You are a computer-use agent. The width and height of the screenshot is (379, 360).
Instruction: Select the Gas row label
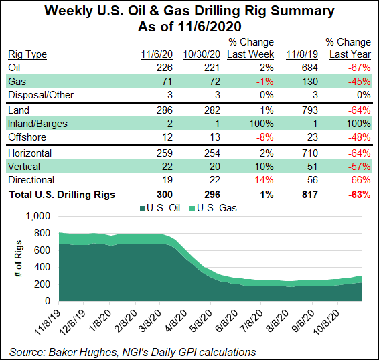pyautogui.click(x=16, y=80)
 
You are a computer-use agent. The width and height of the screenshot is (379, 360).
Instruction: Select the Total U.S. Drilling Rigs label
pyautogui.click(x=62, y=195)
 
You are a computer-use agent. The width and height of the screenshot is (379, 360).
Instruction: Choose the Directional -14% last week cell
pyautogui.click(x=260, y=180)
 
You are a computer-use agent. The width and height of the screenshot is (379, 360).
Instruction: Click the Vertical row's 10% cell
pyautogui.click(x=262, y=166)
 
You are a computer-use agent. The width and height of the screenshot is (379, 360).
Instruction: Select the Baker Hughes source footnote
pyautogui.click(x=133, y=351)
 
